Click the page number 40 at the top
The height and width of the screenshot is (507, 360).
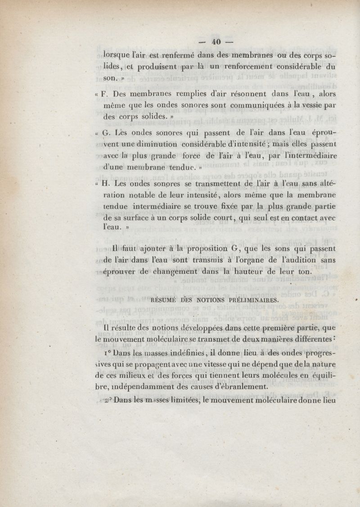click(215, 41)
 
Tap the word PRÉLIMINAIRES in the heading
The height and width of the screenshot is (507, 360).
click(249, 299)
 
